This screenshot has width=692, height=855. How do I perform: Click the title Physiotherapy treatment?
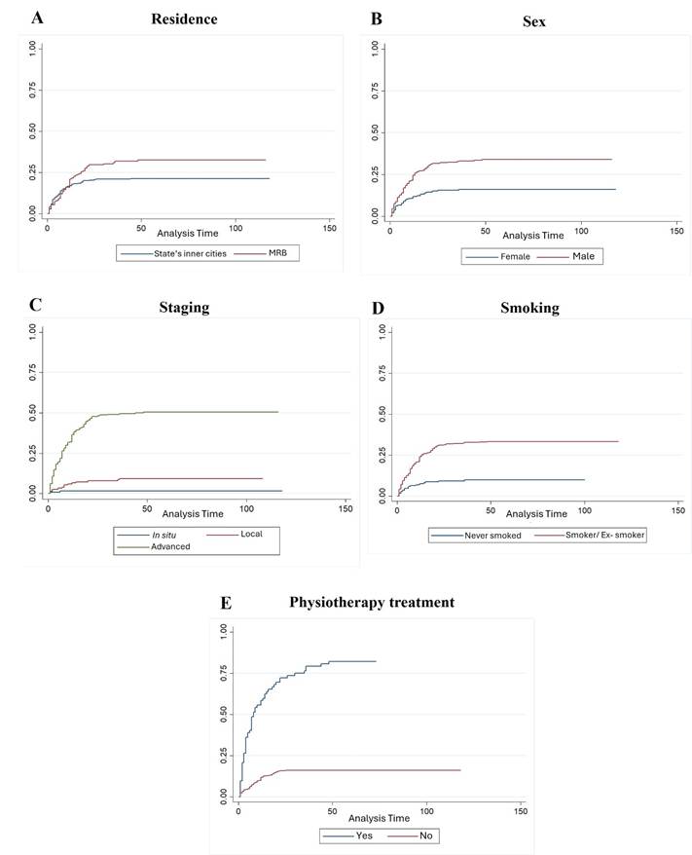point(371,603)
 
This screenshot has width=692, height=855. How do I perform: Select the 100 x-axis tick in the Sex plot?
point(581,230)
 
